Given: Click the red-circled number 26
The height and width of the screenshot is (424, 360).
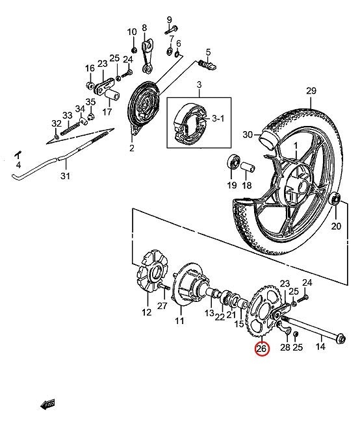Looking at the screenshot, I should [x=261, y=349].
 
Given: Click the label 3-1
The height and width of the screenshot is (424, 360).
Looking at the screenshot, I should [x=219, y=119].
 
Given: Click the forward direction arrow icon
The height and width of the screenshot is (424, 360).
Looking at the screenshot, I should [x=47, y=405].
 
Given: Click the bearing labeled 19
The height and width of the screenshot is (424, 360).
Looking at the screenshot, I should [x=232, y=162].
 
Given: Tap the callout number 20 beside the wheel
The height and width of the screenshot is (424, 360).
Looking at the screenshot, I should [x=336, y=226].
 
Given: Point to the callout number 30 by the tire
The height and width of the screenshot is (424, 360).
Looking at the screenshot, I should [x=247, y=134].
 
